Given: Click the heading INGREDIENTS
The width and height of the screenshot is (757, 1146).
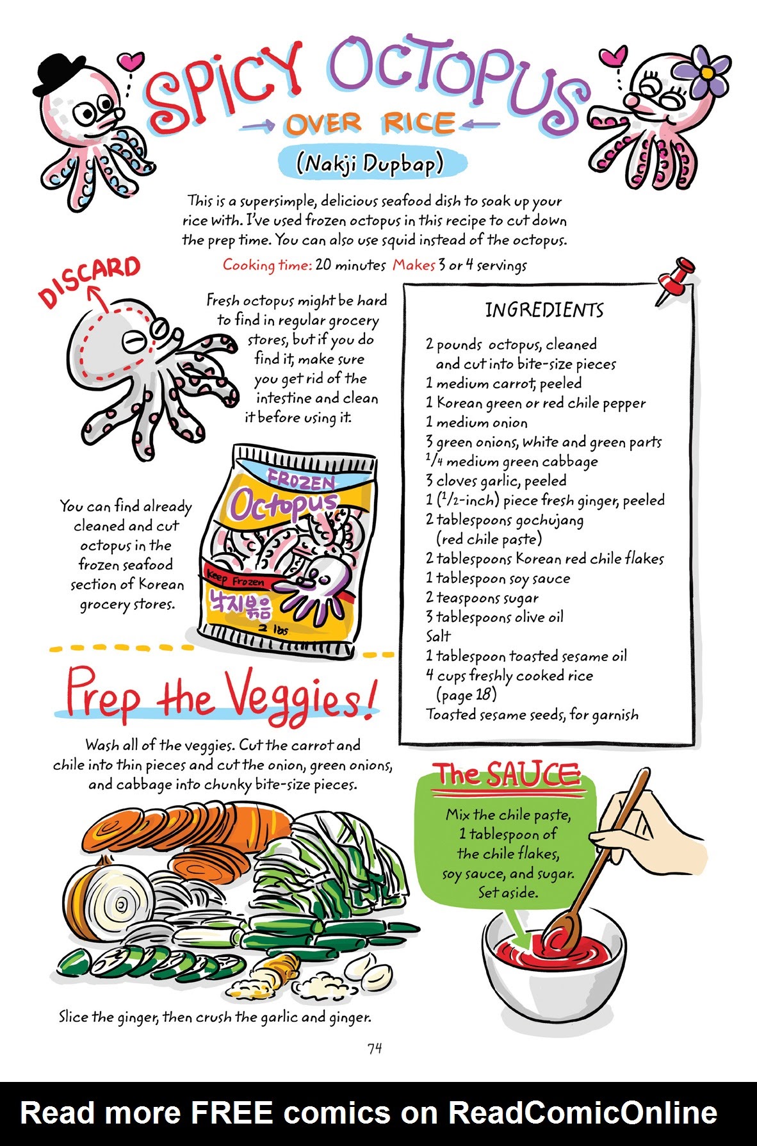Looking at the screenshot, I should (544, 311).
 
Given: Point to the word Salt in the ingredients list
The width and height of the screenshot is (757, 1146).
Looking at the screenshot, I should (439, 636).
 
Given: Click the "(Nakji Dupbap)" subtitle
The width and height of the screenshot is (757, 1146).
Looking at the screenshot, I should (370, 164).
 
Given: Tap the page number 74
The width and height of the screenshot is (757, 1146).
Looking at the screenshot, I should (375, 1048).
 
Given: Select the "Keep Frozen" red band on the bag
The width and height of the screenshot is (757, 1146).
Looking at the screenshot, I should (237, 580).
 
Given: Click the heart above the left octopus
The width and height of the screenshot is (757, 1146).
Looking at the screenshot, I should (131, 61).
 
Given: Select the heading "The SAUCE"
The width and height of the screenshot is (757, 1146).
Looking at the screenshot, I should (506, 775).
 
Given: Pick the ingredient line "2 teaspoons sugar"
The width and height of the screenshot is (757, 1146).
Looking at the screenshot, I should (482, 598).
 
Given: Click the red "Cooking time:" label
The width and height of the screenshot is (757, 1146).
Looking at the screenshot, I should (267, 265).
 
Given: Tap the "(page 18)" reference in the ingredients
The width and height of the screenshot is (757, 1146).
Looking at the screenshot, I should (466, 694).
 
